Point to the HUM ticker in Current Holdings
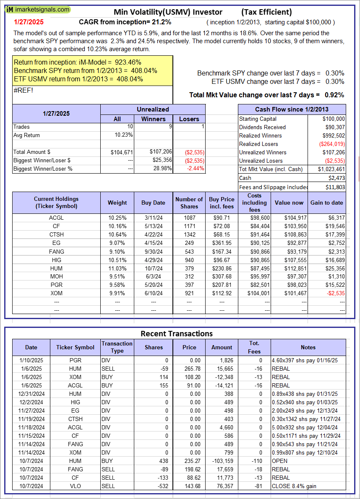(x=56, y=268)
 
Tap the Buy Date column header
(x=153, y=203)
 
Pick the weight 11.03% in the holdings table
(x=117, y=268)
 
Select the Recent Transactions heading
(x=176, y=334)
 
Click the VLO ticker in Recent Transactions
(x=76, y=486)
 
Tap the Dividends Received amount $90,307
(x=335, y=127)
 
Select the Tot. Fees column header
(x=254, y=347)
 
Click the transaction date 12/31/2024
(x=31, y=394)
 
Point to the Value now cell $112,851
(x=289, y=268)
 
